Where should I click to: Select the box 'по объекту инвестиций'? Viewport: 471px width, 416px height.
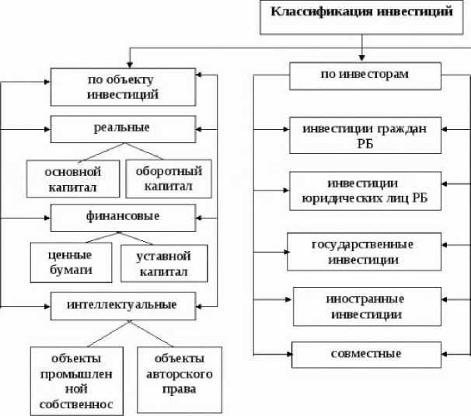pos(124,87)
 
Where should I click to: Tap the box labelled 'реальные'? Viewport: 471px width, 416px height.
pos(124,128)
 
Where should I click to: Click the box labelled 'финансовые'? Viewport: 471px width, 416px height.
pos(124,216)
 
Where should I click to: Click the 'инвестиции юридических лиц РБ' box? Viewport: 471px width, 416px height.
pos(365,191)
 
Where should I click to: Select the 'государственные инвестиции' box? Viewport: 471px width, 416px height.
pos(362,250)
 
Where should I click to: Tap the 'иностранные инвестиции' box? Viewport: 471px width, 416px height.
pos(365,306)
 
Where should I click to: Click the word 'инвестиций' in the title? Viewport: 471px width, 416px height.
pos(409,12)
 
